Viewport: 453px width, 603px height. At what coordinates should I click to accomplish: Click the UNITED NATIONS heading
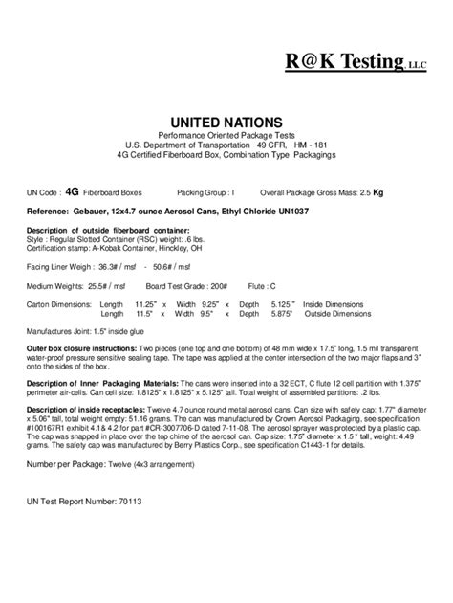(226, 123)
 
